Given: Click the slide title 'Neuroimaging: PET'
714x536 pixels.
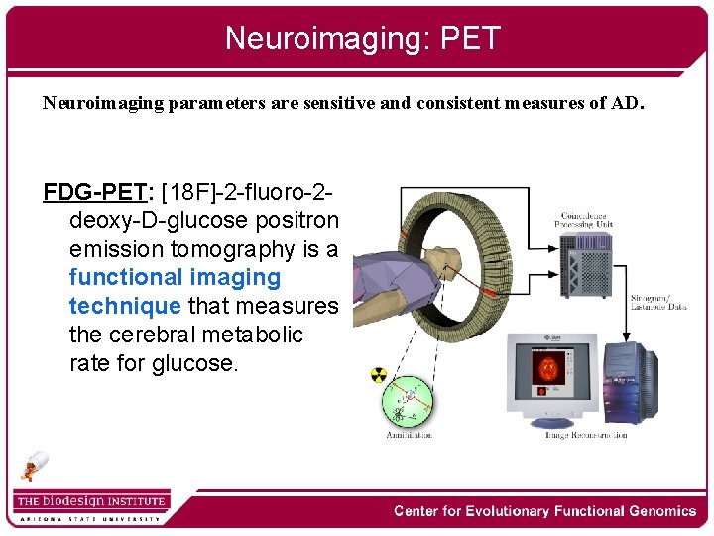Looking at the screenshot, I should tap(362, 38).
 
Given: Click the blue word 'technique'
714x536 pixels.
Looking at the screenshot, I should tap(124, 306).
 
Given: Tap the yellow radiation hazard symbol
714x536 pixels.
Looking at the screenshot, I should tap(378, 375).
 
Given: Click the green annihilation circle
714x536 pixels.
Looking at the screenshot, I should tap(409, 401).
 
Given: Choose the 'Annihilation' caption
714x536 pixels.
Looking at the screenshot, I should tap(409, 435).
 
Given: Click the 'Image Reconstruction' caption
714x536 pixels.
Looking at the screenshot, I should tap(586, 435).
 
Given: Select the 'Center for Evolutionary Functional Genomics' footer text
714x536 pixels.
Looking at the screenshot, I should tap(544, 511).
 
